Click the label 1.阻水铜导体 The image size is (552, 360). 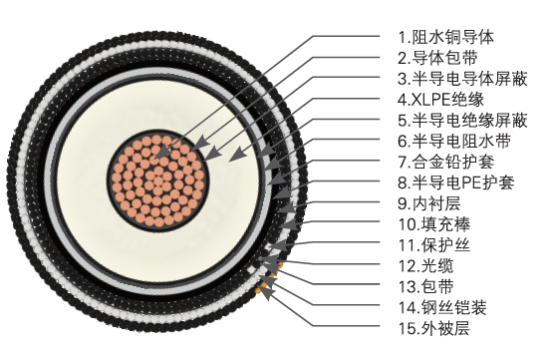(x=444, y=36)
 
